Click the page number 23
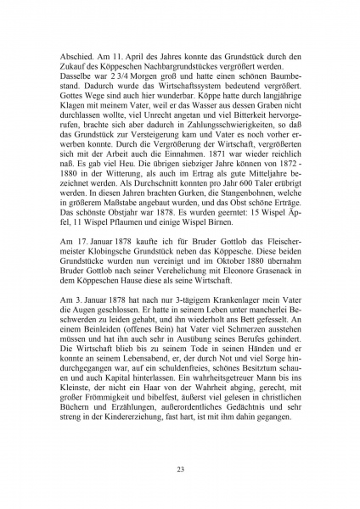180,469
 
